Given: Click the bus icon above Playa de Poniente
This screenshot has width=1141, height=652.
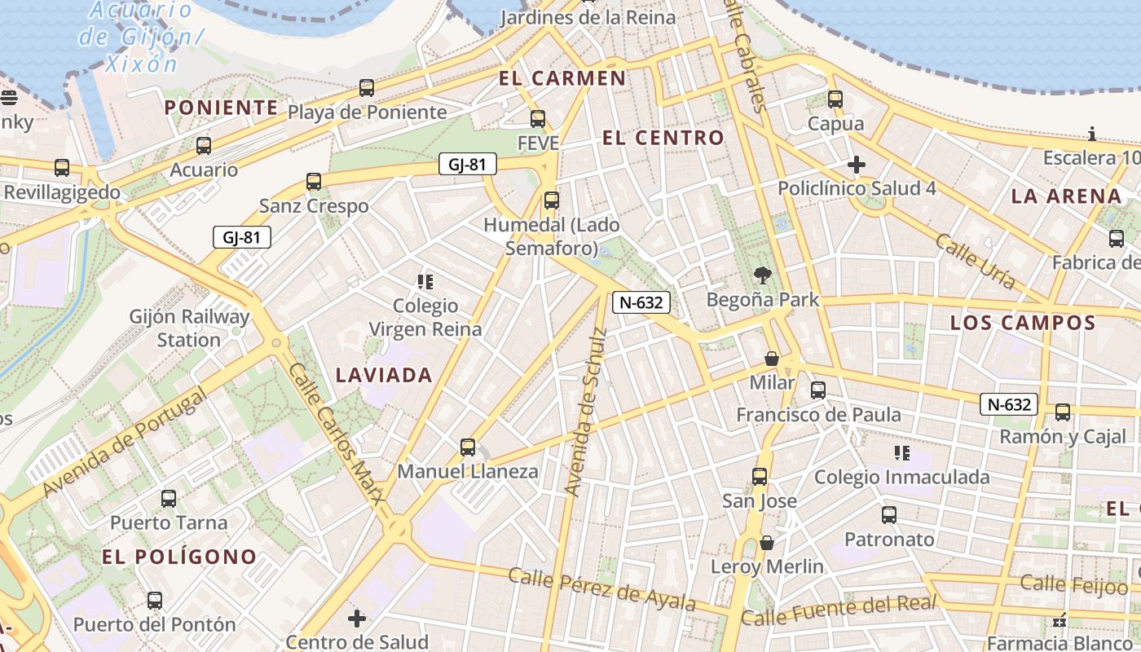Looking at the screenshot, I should point(367,88).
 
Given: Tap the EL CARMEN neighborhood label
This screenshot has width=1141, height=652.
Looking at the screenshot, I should point(562,78).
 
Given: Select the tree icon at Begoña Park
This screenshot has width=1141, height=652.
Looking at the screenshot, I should point(763,275).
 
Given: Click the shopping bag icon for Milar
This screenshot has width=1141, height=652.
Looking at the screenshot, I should point(771,359).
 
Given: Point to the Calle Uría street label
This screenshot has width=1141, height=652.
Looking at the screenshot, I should point(975,262).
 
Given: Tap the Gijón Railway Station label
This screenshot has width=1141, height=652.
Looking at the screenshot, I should point(190,328).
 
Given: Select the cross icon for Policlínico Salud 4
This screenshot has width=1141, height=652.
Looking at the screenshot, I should point(856,165).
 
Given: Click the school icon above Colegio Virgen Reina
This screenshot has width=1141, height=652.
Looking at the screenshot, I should point(425,282).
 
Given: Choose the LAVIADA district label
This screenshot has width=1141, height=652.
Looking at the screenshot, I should point(384,375).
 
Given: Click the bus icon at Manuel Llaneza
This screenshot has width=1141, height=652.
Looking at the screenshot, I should point(467,447).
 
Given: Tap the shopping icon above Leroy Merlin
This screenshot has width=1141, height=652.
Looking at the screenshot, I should point(766,543).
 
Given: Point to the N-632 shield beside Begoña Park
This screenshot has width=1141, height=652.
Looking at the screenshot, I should point(641,302).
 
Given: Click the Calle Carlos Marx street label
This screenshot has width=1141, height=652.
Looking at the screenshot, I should point(335,435).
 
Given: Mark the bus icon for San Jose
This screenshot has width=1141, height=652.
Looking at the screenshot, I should point(760,477).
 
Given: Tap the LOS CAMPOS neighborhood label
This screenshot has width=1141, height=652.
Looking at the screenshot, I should point(1023,323).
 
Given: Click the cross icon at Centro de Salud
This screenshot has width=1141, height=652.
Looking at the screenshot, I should point(357,619).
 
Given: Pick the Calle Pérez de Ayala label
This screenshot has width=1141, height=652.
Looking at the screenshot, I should point(601,589).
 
